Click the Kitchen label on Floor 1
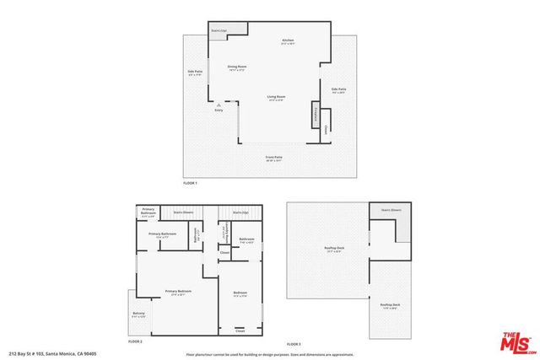point(288,41)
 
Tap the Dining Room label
point(237,67)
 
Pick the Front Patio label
point(272,158)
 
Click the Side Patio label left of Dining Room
point(195,73)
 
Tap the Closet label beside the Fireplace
point(327,128)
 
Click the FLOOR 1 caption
point(190,183)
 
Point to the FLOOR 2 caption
point(134,341)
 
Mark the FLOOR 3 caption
point(294,345)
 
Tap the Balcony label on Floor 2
point(138,314)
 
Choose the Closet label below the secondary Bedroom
point(240,331)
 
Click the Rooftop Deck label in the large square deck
point(334,249)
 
